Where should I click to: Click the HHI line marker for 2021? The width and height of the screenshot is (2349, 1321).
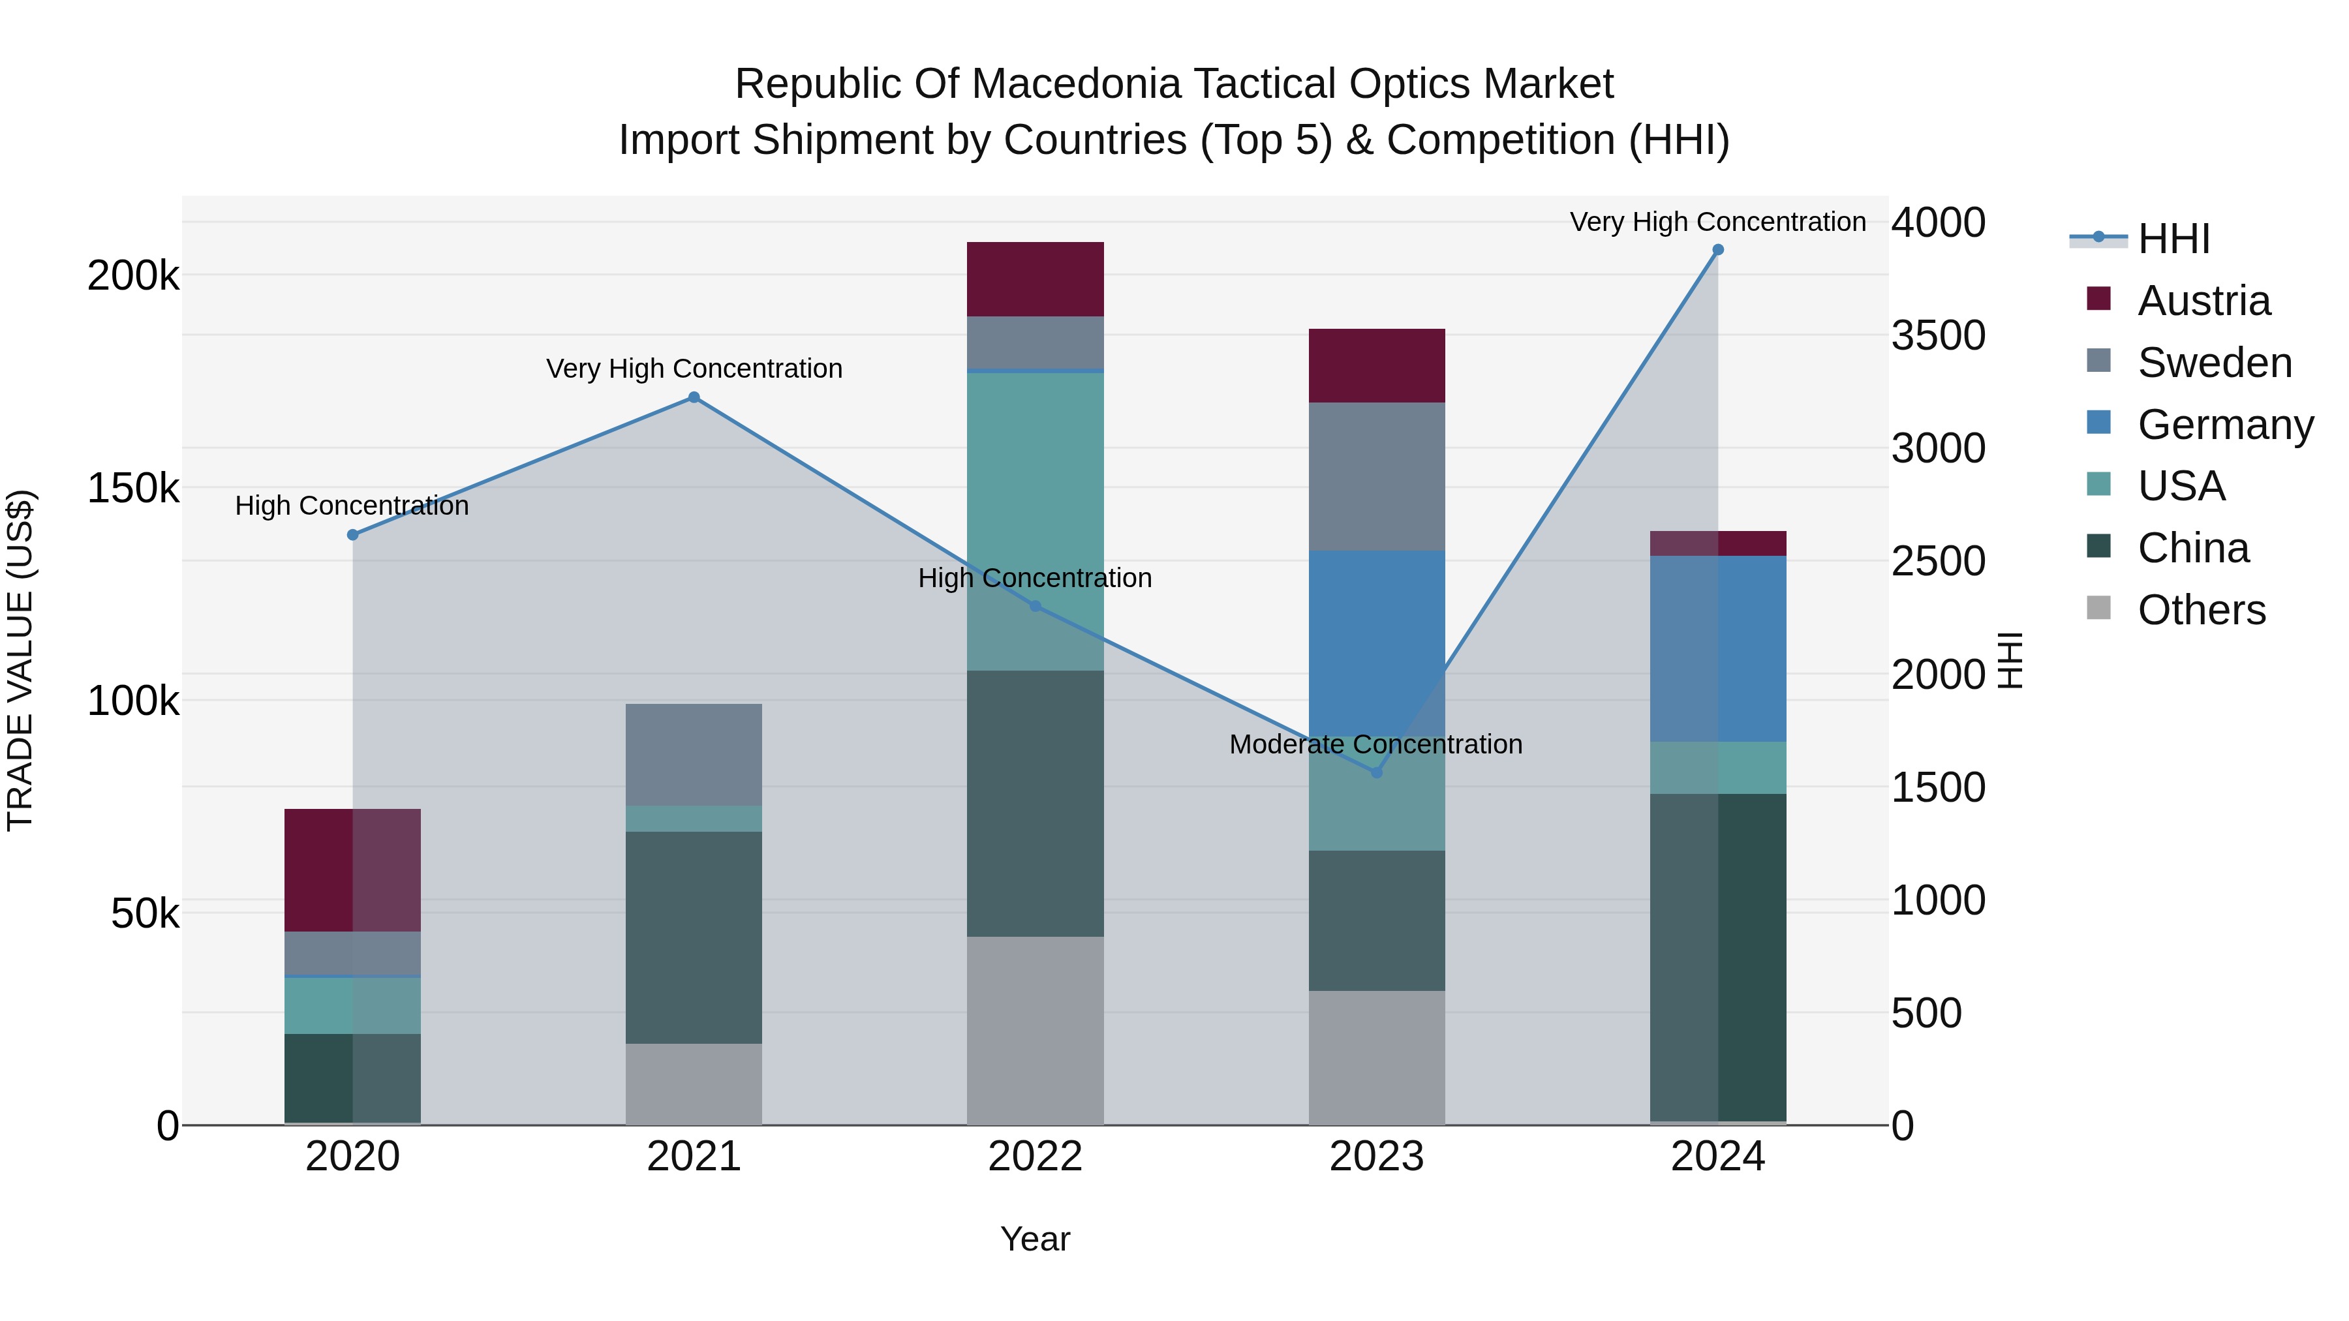tap(694, 397)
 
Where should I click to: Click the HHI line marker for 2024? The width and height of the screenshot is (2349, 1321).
tap(1718, 250)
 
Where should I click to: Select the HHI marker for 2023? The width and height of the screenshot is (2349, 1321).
tap(1377, 772)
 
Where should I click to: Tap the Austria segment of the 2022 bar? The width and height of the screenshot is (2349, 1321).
tap(1035, 279)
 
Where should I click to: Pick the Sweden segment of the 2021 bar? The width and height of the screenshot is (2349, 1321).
tap(694, 754)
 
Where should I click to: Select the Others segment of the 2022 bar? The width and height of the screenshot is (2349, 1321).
tap(1035, 1030)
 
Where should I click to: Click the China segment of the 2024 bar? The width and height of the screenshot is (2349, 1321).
tap(1718, 957)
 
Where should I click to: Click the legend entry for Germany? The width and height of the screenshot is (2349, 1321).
tap(2224, 425)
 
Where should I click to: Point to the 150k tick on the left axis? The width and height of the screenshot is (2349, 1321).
tap(133, 489)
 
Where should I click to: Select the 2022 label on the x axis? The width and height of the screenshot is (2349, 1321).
tap(1035, 1157)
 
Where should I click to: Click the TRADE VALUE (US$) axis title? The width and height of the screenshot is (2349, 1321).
tap(20, 660)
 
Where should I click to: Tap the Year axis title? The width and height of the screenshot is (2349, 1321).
tap(1035, 1239)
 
